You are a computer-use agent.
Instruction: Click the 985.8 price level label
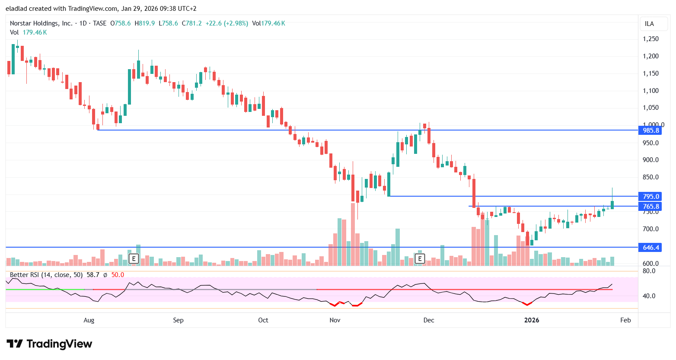pos(650,131)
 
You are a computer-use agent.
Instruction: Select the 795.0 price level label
pos(650,197)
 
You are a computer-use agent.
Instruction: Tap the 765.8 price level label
pos(650,207)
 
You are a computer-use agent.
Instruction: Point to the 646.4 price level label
pos(650,248)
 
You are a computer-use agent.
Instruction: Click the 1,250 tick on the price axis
pos(650,39)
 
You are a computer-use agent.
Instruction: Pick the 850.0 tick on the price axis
pos(650,177)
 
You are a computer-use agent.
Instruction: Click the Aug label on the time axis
pos(89,320)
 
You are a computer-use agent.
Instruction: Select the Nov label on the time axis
pos(335,320)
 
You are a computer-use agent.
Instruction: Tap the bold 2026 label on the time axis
pos(531,320)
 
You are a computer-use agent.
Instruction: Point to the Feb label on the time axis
pos(625,320)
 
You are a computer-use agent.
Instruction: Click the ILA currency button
pos(649,24)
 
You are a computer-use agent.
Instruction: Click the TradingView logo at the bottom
pos(49,344)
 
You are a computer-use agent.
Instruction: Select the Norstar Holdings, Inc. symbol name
pos(41,23)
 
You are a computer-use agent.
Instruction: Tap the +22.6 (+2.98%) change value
pos(227,23)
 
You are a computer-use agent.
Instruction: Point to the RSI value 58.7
pos(93,275)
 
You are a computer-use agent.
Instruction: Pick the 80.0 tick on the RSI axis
pos(649,271)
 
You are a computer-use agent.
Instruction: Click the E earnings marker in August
pos(134,259)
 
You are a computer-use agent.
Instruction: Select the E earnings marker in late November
pos(419,259)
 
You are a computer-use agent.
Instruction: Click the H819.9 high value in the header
pos(145,23)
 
